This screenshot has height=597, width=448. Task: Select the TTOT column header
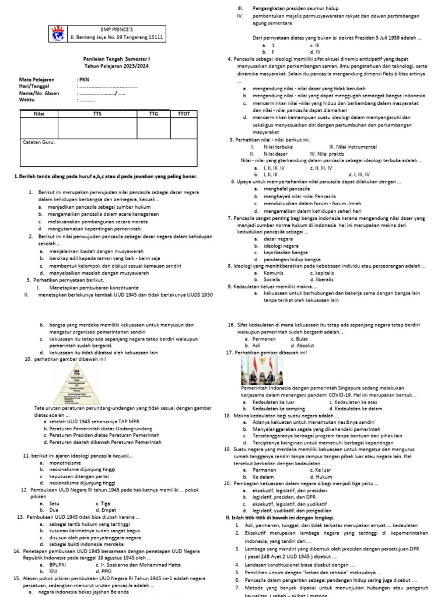click(x=183, y=114)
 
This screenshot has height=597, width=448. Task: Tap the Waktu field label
click(x=26, y=99)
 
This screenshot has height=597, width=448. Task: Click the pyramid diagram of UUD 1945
click(x=77, y=384)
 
